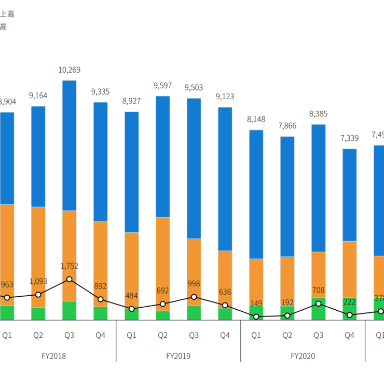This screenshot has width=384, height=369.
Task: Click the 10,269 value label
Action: click(70, 70)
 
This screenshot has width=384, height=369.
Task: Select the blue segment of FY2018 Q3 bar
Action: click(70, 146)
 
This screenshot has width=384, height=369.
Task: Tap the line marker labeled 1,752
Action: click(70, 279)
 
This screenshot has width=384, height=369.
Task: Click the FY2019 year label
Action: click(178, 356)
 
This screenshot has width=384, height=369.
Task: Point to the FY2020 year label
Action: click(303, 356)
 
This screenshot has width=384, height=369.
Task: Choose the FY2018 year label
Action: click(53, 356)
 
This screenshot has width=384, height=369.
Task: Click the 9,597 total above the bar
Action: click(163, 86)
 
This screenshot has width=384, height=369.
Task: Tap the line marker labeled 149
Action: click(256, 317)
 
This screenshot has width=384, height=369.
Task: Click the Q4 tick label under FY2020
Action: click(350, 336)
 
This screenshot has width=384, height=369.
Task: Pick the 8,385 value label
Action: click(319, 114)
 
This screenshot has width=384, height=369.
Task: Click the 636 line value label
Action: click(225, 292)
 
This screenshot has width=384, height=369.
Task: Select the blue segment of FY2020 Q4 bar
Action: click(350, 195)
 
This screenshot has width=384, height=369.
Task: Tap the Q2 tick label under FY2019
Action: click(163, 336)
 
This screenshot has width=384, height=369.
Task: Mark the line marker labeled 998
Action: click(194, 297)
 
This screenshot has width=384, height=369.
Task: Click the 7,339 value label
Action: click(350, 138)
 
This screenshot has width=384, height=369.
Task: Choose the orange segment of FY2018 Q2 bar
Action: click(38, 257)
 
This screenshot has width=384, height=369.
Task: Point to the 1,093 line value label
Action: click(38, 281)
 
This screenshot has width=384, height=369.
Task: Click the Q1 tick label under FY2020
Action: click(256, 336)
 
